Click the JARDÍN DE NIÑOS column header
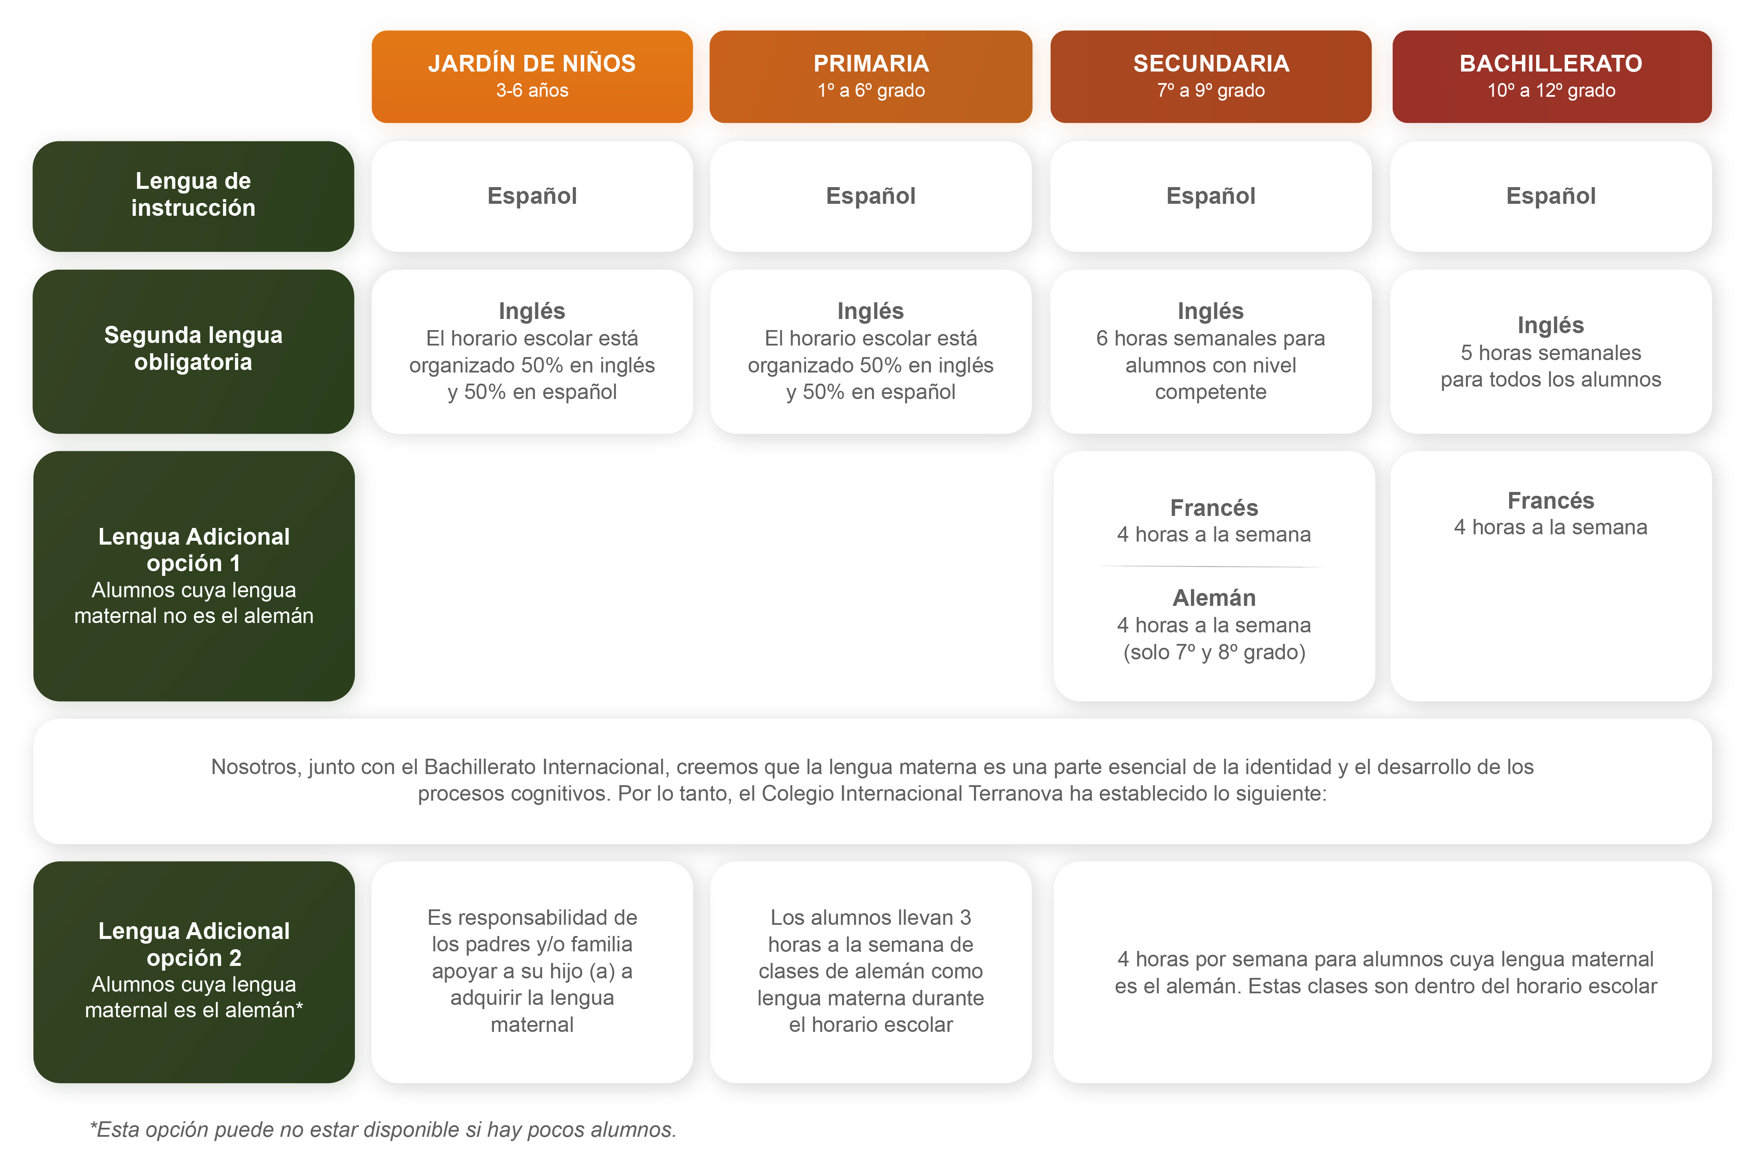pos(532,76)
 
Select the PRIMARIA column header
pos(871,76)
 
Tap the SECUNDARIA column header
pos(1210,76)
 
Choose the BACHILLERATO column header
pos(1551,76)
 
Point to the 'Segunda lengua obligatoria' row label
pos(193,351)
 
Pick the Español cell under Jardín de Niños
pos(532,196)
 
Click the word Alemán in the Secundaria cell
pos(1213,598)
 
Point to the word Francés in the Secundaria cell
pos(1213,508)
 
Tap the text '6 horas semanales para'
pos(1210,338)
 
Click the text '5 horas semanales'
pos(1550,353)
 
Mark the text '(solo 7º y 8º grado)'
pos(1213,652)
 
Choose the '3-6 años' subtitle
pos(532,91)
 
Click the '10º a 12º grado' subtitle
pos(1551,91)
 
